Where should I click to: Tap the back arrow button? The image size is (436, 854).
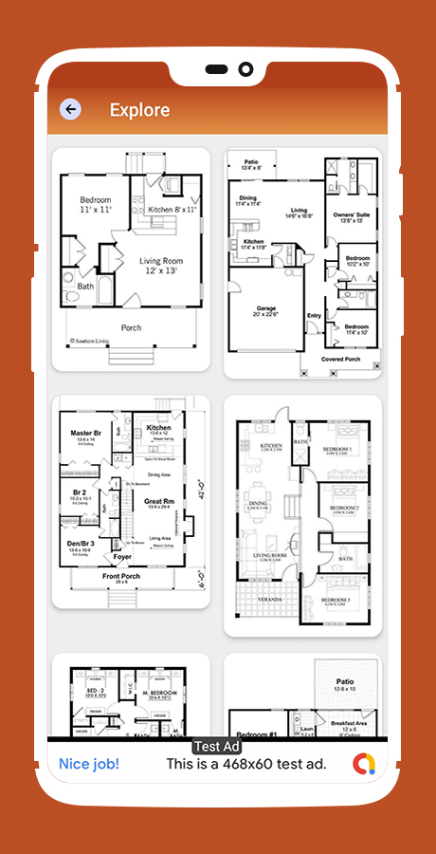pos(70,109)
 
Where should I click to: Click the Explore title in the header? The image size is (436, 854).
pos(139,110)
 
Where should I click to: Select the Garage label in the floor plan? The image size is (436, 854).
pos(265,309)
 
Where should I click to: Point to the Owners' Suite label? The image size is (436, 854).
pos(352,218)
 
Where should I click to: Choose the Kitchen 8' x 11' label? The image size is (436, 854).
pos(173,209)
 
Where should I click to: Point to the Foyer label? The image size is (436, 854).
pos(122,557)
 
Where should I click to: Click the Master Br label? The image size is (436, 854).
pos(86,434)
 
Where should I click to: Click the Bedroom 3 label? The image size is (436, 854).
pos(336,601)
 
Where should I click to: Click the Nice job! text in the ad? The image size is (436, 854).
pos(89,763)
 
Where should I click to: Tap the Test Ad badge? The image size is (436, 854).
pos(218,747)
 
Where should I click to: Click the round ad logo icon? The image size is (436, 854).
pos(364,763)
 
